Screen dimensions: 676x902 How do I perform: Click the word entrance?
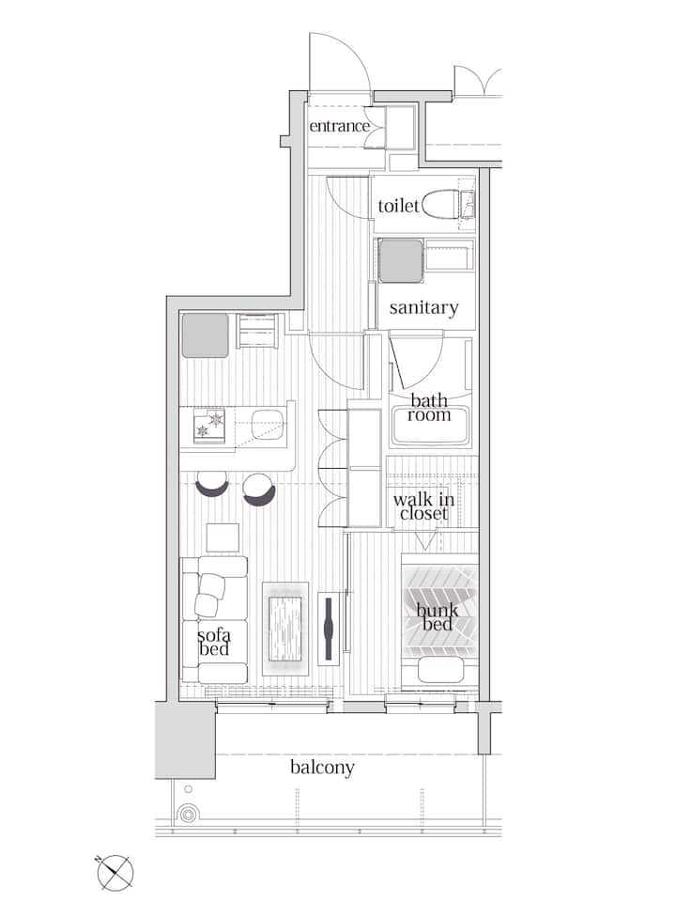click(x=339, y=126)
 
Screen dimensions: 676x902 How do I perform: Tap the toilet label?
click(x=398, y=206)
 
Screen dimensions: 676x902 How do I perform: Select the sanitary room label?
click(x=423, y=308)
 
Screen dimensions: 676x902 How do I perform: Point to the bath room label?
click(x=429, y=407)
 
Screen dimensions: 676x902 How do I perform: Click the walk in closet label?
click(x=423, y=506)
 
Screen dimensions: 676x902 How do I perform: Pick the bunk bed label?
click(x=438, y=616)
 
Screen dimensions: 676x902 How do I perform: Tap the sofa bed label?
click(x=214, y=642)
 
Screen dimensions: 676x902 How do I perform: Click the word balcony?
click(x=322, y=768)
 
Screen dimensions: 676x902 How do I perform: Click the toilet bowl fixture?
click(x=441, y=204)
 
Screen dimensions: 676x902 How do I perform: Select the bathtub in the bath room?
click(x=429, y=426)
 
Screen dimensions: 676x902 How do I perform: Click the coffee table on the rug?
click(x=285, y=629)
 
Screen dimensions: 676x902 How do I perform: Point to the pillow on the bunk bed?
click(x=440, y=669)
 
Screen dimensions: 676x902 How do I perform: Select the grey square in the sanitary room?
click(x=401, y=261)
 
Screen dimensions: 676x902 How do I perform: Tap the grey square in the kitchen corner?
click(x=206, y=335)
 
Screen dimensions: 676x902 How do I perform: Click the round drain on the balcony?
click(x=188, y=815)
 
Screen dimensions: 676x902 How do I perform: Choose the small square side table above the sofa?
click(x=223, y=538)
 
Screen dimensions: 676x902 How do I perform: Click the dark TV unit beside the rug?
click(x=329, y=629)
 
